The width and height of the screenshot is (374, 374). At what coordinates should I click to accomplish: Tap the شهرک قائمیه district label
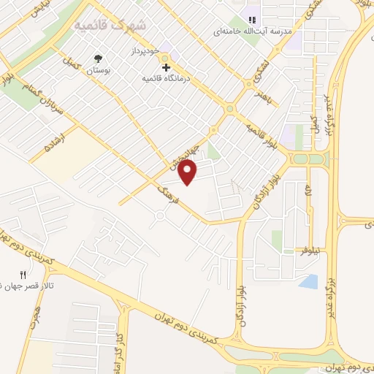point(110,25)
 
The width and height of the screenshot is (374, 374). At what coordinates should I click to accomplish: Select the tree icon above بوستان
point(98,58)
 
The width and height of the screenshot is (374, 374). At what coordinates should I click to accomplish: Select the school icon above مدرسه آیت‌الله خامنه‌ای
point(252,20)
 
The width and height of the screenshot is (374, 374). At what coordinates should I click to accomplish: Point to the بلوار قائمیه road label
point(260,130)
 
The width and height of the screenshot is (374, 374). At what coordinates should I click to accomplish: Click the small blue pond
point(308,281)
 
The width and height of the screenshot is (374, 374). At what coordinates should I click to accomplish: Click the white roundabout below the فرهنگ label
point(160,215)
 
